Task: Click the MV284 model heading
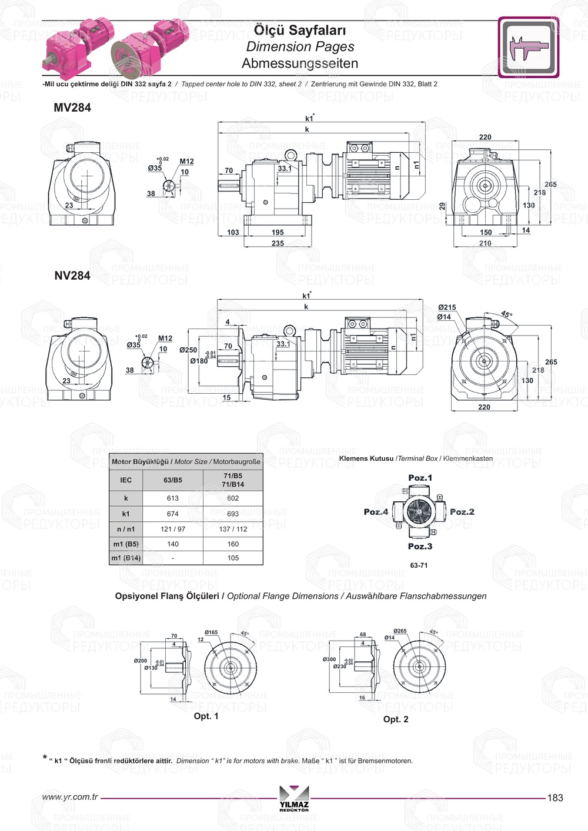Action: [x=72, y=108]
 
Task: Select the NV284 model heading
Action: [x=72, y=276]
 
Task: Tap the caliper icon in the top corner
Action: [x=529, y=48]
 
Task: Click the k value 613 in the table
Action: [x=173, y=498]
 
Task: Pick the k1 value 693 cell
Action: [x=233, y=514]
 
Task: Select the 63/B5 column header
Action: [x=173, y=480]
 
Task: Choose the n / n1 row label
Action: [x=126, y=529]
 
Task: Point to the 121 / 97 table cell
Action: [x=173, y=529]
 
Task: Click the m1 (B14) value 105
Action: [x=233, y=558]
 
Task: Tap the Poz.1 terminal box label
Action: [x=420, y=478]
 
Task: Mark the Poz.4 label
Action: [x=376, y=512]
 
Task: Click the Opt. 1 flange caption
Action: [x=206, y=716]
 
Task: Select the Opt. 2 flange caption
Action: [x=396, y=719]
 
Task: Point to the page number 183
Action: [x=555, y=798]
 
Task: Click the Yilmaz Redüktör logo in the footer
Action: [x=294, y=798]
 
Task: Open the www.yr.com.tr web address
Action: [x=70, y=797]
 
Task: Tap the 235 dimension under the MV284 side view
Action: [x=278, y=243]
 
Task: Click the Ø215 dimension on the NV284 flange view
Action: [x=447, y=307]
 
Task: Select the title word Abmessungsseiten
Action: [x=300, y=63]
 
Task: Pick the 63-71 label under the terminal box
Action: [x=419, y=565]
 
